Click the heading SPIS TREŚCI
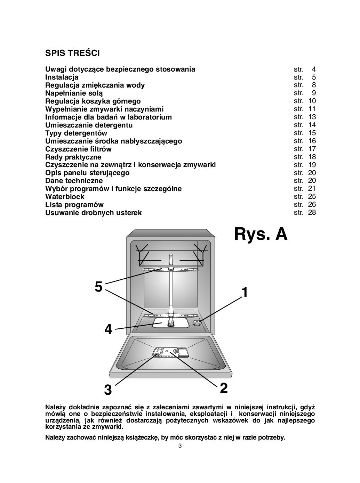tap(72, 53)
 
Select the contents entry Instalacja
tap(62, 77)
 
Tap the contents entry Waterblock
tap(64, 197)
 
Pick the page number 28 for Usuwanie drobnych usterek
tap(312, 212)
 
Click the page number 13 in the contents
tap(312, 117)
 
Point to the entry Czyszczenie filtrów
tap(78, 149)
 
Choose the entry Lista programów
tap(74, 205)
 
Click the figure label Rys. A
tap(261, 234)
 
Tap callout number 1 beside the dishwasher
tap(245, 293)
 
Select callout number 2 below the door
tap(224, 388)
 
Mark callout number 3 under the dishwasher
tap(108, 390)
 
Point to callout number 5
tap(98, 287)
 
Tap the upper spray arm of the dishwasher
tap(170, 269)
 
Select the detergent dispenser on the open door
tap(170, 352)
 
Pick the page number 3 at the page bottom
tap(180, 446)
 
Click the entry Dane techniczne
tap(74, 181)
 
